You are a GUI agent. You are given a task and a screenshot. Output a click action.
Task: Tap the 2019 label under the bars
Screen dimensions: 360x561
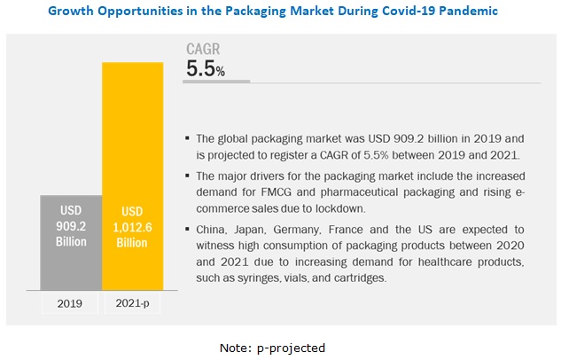click(x=70, y=302)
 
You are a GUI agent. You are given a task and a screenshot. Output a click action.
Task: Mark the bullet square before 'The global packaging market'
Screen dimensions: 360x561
click(x=186, y=139)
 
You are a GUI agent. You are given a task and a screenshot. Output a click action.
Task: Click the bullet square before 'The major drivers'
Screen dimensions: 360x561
click(x=186, y=180)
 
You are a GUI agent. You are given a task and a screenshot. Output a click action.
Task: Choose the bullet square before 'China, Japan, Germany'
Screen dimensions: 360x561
click(x=186, y=228)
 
